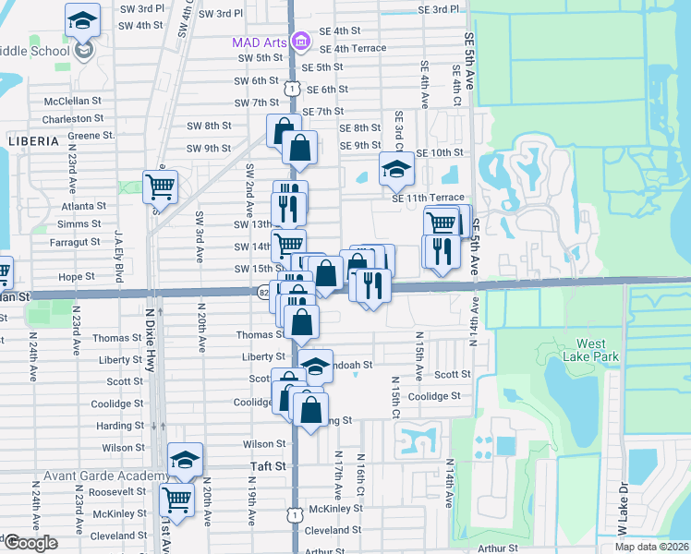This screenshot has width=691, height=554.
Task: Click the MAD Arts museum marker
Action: coord(300,42)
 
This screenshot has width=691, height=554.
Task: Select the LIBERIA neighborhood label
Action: coord(32,141)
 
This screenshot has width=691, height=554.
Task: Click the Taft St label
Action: coord(269,467)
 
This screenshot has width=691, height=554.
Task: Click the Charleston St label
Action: coord(73,119)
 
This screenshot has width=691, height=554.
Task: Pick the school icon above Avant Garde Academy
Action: coord(185,459)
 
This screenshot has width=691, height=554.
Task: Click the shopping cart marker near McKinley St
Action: coord(175,500)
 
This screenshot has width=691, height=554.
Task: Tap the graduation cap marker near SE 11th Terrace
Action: coord(396,169)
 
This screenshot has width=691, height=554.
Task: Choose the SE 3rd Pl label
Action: coord(438,9)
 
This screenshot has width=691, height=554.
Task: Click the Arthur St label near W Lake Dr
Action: coord(499,548)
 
